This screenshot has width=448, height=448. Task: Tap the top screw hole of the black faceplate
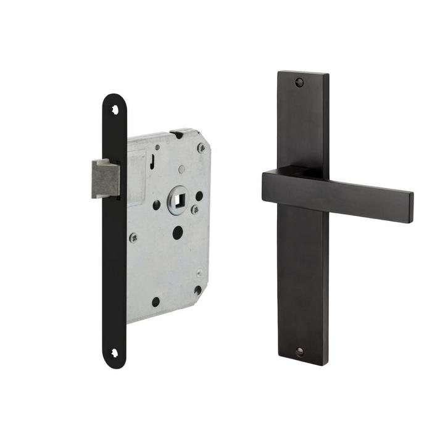(x=115, y=110)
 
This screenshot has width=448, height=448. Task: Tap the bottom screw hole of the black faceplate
(x=115, y=353)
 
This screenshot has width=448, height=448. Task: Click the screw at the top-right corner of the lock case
(x=201, y=147)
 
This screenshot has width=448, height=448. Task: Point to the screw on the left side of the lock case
(x=133, y=237)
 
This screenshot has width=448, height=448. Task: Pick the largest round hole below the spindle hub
(x=178, y=233)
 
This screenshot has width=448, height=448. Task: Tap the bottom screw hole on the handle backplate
(x=300, y=352)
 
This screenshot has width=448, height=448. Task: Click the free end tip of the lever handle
(x=410, y=207)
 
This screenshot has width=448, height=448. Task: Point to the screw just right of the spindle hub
(x=195, y=210)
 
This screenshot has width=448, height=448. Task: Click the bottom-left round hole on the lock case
(x=156, y=302)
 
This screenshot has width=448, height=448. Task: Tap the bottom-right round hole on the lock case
(x=197, y=290)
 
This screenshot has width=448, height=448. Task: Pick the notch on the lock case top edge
(x=177, y=132)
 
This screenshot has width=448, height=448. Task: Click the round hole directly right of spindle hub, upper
(x=199, y=196)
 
